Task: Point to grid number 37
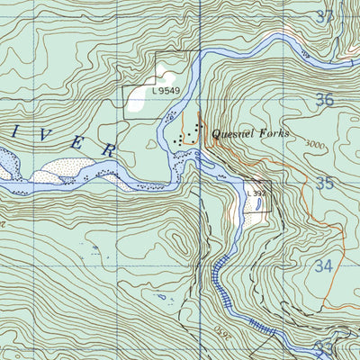click(325, 16)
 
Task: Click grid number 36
click(325, 100)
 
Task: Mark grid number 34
click(325, 267)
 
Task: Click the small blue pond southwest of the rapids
click(161, 296)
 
